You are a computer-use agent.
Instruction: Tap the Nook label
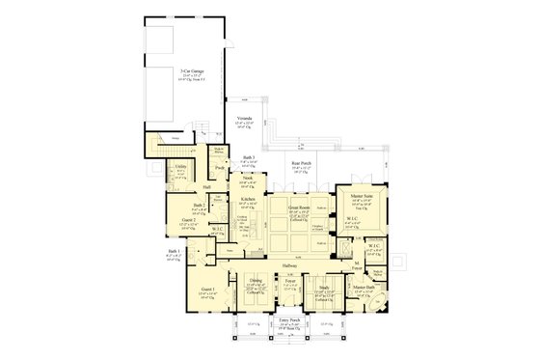(x=248, y=177)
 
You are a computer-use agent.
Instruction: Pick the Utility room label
(x=180, y=166)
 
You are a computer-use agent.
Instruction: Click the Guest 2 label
(x=189, y=219)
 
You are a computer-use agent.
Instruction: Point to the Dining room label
(x=256, y=281)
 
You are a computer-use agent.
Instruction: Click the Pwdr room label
(x=220, y=168)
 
